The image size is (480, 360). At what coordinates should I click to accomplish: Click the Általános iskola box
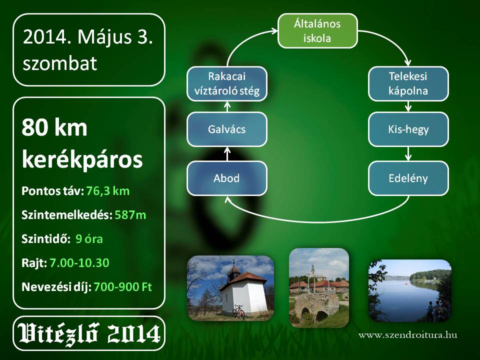317,31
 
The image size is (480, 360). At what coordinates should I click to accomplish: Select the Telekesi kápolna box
408,84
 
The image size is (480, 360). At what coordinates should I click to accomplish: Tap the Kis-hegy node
408,129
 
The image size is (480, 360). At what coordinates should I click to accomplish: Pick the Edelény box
408,178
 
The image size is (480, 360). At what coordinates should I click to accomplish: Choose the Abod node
227,178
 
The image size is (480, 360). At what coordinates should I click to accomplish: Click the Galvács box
227,129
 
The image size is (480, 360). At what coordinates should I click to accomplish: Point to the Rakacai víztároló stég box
227,84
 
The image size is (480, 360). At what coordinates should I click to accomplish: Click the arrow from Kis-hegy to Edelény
408,153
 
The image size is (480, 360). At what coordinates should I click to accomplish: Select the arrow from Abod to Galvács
227,153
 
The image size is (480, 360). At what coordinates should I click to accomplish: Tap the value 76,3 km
108,191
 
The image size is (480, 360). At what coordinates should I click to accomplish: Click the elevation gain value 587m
130,215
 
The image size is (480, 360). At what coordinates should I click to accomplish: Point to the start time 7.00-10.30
79,262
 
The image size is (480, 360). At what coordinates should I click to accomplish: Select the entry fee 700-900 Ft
123,287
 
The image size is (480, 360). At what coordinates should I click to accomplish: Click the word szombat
60,63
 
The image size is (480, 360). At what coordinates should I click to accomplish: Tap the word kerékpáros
82,159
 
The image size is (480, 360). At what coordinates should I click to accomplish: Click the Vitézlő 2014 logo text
89,333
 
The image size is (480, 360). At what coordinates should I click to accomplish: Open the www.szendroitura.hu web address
408,335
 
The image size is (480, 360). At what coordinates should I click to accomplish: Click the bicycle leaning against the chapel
238,312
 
